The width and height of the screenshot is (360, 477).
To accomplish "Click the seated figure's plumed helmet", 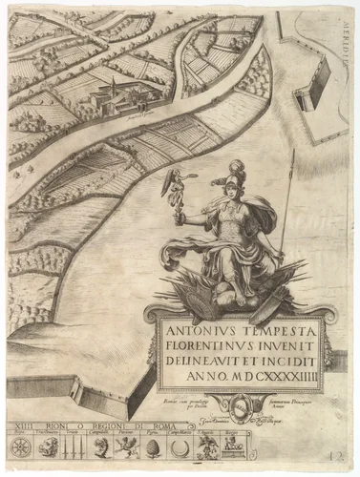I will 235,181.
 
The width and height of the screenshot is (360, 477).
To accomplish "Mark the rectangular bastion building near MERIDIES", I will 309,95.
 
